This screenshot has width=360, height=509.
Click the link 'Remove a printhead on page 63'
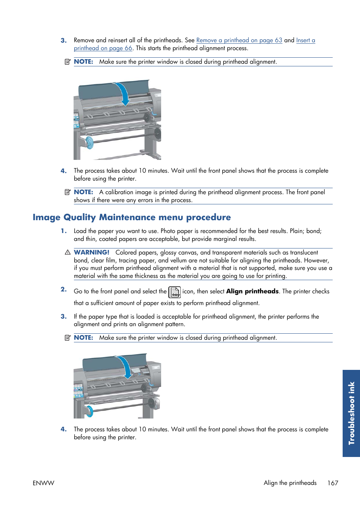click(x=239, y=40)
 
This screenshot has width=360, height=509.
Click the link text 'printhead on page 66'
click(x=103, y=48)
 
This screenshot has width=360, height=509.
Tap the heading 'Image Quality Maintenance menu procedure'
click(x=132, y=217)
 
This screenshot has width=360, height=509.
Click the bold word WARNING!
click(x=91, y=252)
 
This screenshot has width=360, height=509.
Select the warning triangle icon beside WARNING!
click(x=68, y=252)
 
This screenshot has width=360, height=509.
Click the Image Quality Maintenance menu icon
click(x=174, y=292)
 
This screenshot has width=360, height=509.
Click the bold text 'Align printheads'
click(x=252, y=291)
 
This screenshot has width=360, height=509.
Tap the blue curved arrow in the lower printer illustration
click(x=126, y=366)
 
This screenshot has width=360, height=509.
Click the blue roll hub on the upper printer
click(x=89, y=143)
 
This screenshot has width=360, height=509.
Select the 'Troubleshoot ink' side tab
click(x=351, y=413)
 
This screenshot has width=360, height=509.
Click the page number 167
click(x=332, y=483)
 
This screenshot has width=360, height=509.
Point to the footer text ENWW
click(x=43, y=483)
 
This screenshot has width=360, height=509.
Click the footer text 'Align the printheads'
click(x=290, y=483)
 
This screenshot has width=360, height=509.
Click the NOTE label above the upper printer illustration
click(x=83, y=62)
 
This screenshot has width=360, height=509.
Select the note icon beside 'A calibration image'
click(x=68, y=192)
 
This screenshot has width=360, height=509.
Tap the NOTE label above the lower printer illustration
click(x=83, y=338)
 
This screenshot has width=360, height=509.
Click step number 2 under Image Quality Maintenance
click(x=63, y=289)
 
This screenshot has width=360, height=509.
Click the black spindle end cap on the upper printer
click(x=157, y=133)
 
